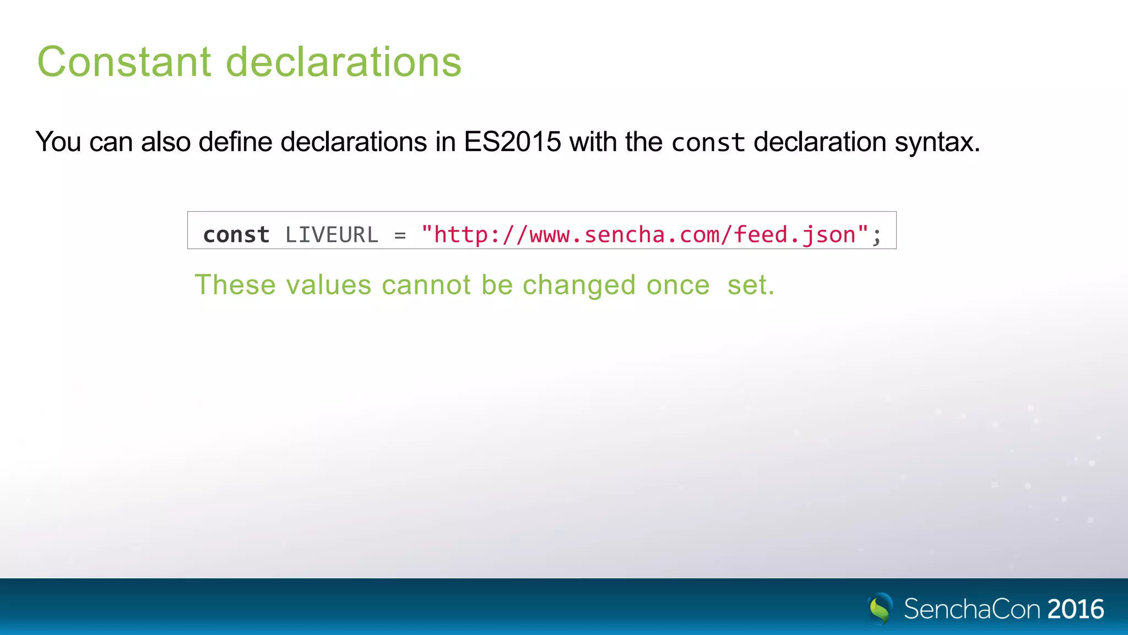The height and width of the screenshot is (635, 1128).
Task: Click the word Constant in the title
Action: pyautogui.click(x=124, y=62)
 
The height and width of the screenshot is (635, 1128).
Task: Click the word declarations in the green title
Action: pyautogui.click(x=344, y=62)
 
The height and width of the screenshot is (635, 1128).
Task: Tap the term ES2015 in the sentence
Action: pyautogui.click(x=512, y=142)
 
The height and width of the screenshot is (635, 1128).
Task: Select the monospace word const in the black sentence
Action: pyautogui.click(x=708, y=143)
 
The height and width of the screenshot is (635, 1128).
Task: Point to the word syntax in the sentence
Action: pyautogui.click(x=937, y=142)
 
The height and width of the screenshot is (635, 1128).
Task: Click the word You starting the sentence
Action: pyautogui.click(x=58, y=142)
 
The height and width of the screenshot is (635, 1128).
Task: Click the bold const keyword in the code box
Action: pyautogui.click(x=236, y=235)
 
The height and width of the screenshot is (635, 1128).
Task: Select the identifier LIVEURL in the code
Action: pyautogui.click(x=332, y=235)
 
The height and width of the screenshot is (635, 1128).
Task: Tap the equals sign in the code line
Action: pyautogui.click(x=400, y=235)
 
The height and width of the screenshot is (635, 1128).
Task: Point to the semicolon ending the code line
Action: pyautogui.click(x=876, y=236)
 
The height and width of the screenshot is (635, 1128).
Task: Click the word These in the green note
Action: pyautogui.click(x=235, y=285)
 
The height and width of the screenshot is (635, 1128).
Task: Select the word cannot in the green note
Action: pyautogui.click(x=426, y=285)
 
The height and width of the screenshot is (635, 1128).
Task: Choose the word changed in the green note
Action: pyautogui.click(x=579, y=286)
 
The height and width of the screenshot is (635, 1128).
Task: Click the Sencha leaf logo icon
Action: pyautogui.click(x=880, y=608)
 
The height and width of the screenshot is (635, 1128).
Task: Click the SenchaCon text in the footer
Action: pyautogui.click(x=972, y=609)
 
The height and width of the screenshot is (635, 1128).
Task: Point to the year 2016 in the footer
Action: pyautogui.click(x=1076, y=609)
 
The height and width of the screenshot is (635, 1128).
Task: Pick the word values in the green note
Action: pyautogui.click(x=328, y=285)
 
